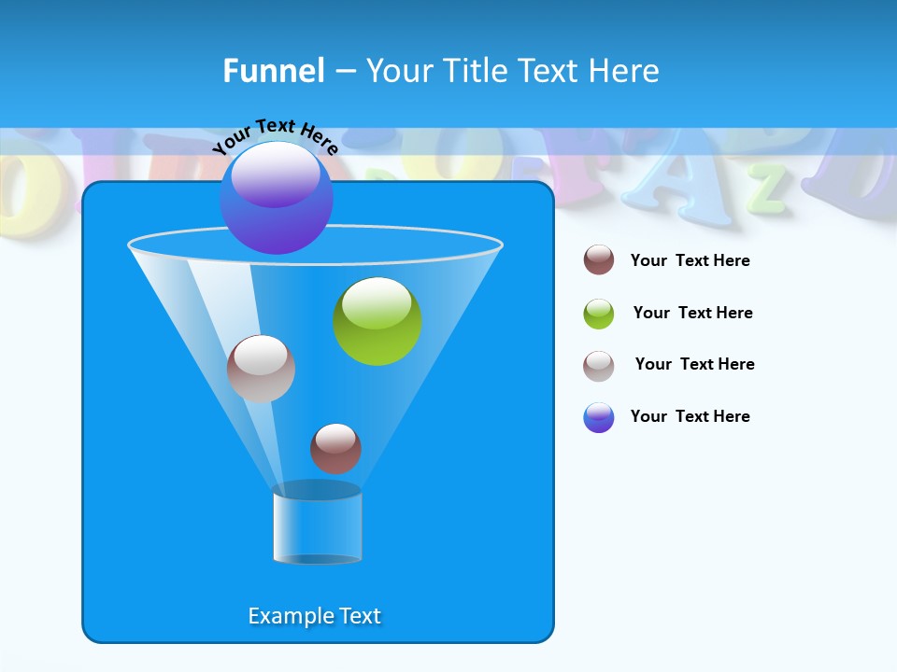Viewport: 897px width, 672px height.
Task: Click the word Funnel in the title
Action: click(274, 71)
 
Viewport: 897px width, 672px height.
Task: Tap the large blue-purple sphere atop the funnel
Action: click(277, 198)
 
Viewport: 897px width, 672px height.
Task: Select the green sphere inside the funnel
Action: click(377, 321)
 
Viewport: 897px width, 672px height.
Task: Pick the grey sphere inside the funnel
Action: click(261, 369)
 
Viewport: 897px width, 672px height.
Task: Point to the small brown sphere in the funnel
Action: click(335, 448)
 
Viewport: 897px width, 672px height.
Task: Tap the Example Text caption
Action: click(315, 616)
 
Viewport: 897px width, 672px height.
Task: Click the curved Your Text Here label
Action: click(276, 136)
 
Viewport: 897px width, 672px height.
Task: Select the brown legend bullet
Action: click(599, 260)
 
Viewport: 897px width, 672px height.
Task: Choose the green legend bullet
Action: click(599, 314)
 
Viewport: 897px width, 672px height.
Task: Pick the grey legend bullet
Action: click(599, 366)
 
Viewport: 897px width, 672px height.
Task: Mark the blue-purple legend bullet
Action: click(599, 417)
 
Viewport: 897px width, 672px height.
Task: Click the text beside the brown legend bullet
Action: click(690, 261)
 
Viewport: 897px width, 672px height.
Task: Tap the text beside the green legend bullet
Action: click(692, 314)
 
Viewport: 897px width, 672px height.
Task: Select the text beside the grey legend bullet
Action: click(694, 365)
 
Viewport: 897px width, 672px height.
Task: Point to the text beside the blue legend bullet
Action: click(690, 417)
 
